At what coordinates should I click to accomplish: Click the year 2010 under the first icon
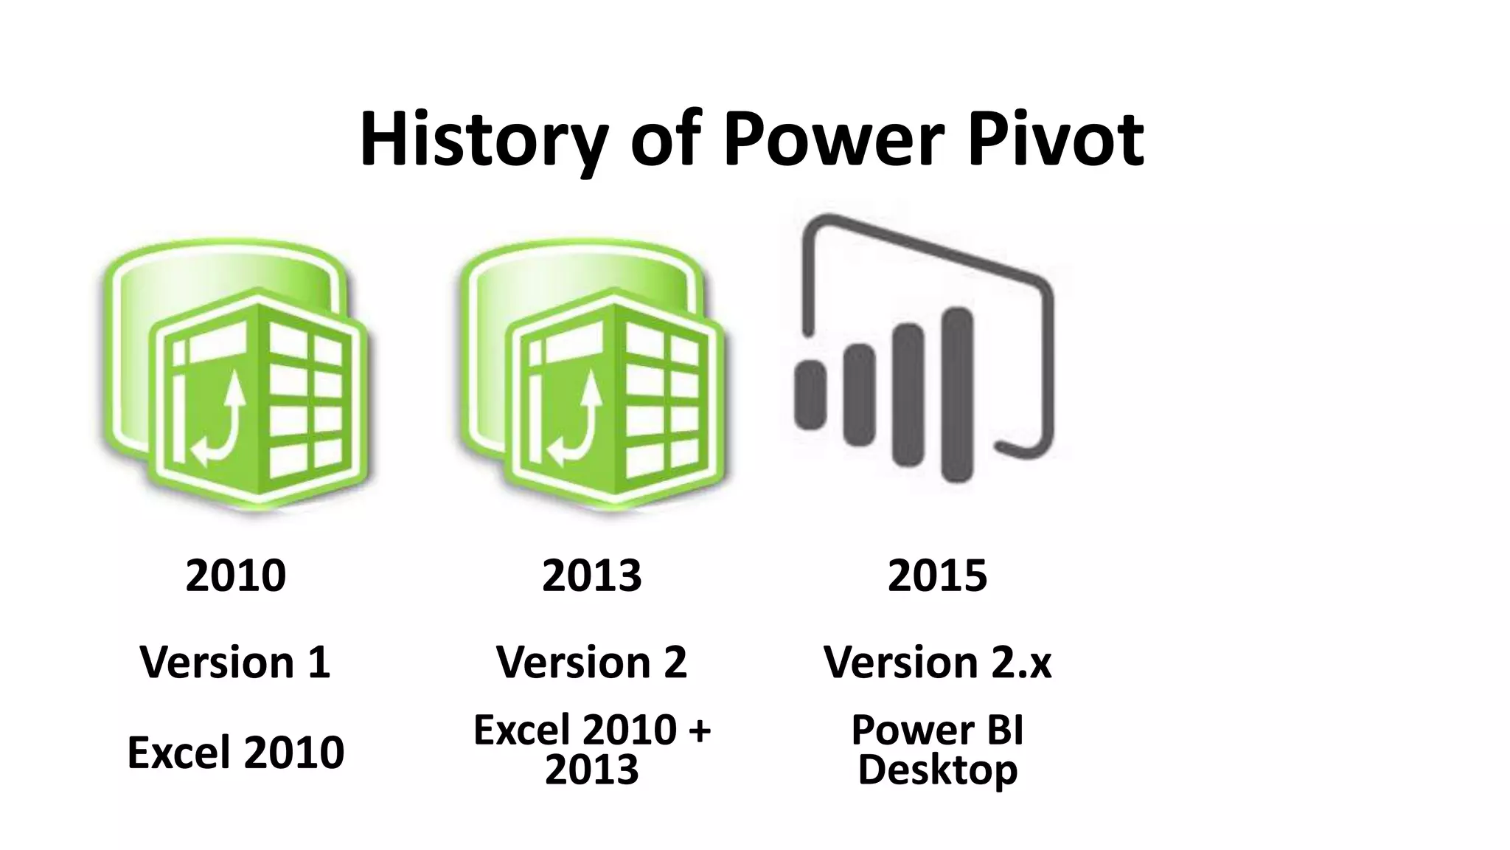(235, 576)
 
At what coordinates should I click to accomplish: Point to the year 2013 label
(591, 576)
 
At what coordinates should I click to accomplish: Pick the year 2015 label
(936, 576)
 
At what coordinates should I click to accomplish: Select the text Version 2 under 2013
(591, 662)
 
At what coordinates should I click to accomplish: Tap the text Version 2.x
(936, 662)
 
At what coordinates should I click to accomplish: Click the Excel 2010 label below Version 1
(235, 752)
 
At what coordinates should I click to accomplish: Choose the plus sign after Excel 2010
(697, 730)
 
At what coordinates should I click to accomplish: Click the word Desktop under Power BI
(936, 770)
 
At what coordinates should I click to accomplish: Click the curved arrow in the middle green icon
(577, 421)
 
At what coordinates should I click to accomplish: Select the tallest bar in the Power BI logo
(957, 395)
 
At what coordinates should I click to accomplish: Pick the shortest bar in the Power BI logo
(810, 394)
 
